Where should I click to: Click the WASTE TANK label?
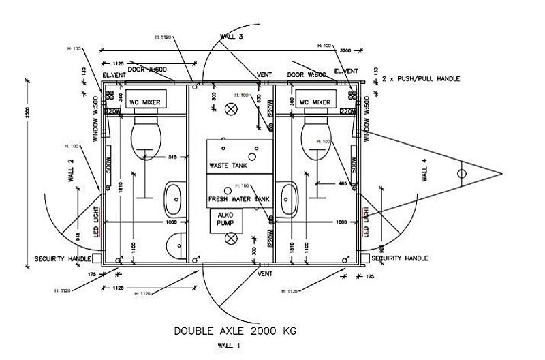[x=228, y=166]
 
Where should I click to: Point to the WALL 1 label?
[x=229, y=346]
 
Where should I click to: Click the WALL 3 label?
[x=231, y=36]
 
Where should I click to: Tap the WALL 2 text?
[x=70, y=168]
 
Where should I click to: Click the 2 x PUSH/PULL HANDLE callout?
[x=421, y=79]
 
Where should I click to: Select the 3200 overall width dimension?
[x=345, y=50]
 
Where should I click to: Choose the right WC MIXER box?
[x=315, y=102]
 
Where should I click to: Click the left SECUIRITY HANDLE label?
[x=63, y=259]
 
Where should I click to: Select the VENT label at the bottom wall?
[x=265, y=273]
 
